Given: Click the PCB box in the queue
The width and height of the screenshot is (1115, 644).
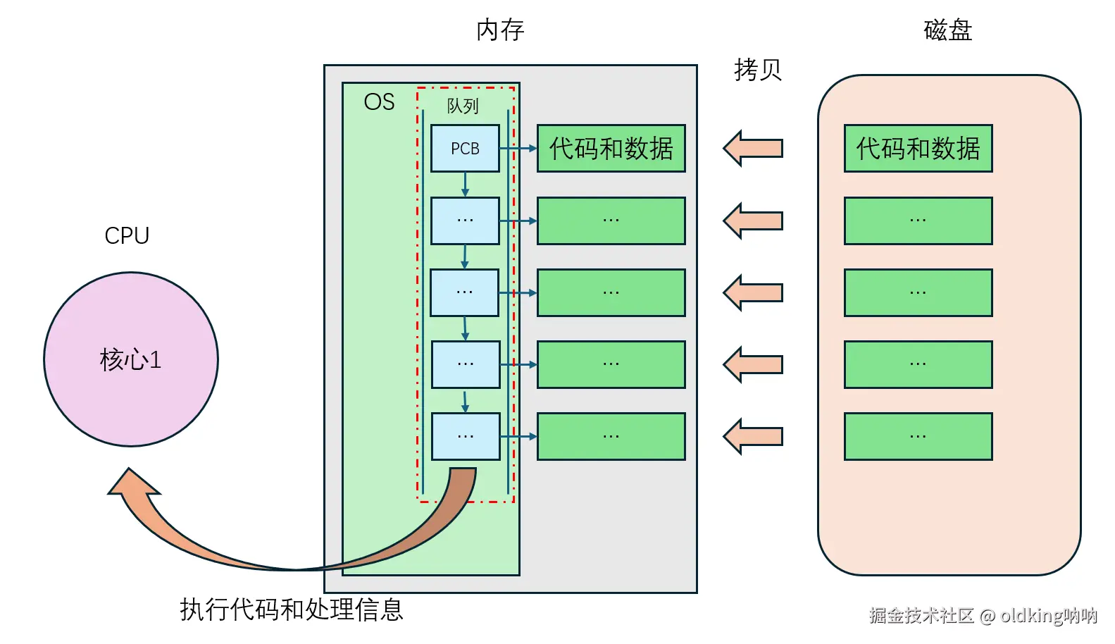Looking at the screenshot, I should click(465, 149).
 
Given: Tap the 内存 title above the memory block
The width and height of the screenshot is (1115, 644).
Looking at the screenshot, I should click(500, 30).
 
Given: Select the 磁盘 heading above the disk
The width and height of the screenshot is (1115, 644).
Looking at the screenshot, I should click(947, 30).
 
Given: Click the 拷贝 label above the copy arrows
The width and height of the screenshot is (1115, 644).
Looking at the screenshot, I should click(758, 70).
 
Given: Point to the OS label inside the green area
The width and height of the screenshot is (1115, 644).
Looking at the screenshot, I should click(379, 102).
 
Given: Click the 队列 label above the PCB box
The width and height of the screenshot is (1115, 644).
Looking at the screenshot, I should click(463, 106).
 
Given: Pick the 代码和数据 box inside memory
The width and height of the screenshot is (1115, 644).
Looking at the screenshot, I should click(611, 149).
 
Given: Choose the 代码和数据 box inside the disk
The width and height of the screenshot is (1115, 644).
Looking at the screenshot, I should click(918, 149).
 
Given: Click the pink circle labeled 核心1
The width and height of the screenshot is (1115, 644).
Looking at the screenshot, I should click(131, 359).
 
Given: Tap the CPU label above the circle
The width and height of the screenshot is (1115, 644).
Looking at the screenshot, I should click(127, 235).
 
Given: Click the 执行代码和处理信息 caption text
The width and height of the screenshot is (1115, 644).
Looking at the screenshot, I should click(292, 609).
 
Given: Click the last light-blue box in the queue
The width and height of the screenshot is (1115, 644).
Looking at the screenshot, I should click(466, 436).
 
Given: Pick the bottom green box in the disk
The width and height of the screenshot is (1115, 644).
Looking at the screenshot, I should click(918, 436).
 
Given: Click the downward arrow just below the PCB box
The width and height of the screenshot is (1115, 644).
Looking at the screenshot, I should click(465, 184).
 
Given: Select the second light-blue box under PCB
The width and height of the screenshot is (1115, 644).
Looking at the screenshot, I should click(465, 292).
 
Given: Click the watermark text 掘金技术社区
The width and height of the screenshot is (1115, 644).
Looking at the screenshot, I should click(921, 615).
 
